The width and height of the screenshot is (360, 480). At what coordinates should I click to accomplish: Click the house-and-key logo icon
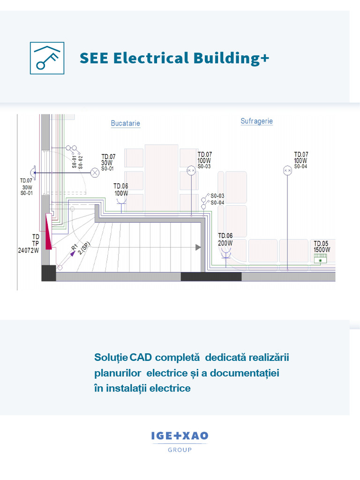click(47, 58)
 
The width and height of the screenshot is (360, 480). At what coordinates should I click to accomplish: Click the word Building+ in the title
click(230, 59)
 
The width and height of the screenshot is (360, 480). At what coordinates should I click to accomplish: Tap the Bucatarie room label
click(125, 123)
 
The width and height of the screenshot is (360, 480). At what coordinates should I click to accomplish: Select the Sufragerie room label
click(256, 121)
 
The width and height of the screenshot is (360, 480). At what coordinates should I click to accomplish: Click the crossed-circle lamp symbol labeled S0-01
click(95, 172)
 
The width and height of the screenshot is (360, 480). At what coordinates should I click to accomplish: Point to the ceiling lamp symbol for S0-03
click(191, 171)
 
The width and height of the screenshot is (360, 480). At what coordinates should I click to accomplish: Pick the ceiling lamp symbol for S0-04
click(287, 171)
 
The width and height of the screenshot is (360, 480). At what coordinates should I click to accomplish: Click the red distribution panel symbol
click(48, 231)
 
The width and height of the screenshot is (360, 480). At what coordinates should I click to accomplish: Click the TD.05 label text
click(321, 243)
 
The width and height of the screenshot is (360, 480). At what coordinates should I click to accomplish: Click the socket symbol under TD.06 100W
click(121, 201)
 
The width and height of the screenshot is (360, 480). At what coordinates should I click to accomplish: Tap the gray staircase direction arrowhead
click(198, 247)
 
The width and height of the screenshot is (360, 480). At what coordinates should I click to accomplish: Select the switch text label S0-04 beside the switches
click(217, 202)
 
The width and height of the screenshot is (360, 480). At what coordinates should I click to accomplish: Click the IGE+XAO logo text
click(180, 436)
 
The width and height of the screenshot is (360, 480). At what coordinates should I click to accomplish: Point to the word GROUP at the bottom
click(180, 450)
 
